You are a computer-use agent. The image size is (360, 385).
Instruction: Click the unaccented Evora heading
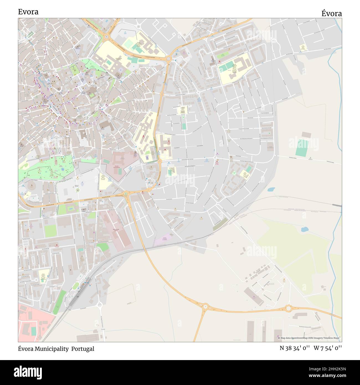(x=28, y=12)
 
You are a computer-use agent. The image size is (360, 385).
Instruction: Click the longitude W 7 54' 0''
(x=328, y=348)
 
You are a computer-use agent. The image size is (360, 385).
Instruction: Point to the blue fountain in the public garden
(x=63, y=169)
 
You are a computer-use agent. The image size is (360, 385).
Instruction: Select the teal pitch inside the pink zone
(x=34, y=331)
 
